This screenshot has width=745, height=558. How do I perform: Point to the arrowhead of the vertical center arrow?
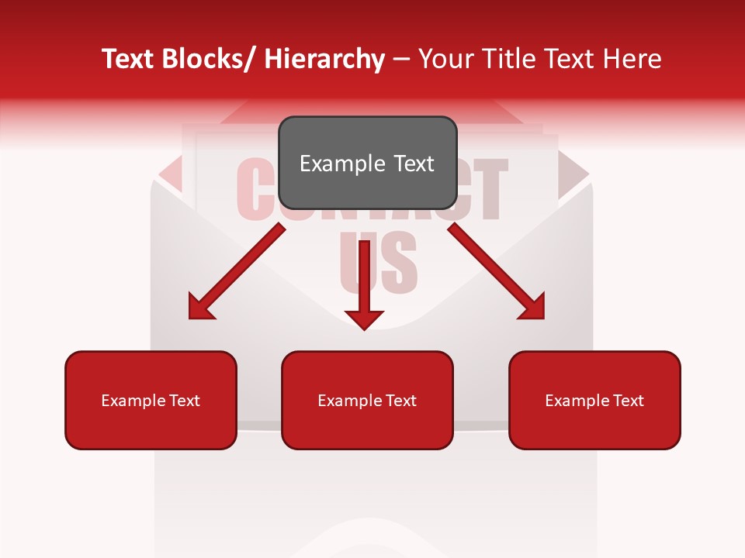click(x=364, y=318)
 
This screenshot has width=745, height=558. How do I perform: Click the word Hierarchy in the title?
click(x=324, y=59)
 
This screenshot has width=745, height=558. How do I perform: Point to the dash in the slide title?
click(x=402, y=60)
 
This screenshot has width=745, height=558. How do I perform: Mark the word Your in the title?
click(x=445, y=59)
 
